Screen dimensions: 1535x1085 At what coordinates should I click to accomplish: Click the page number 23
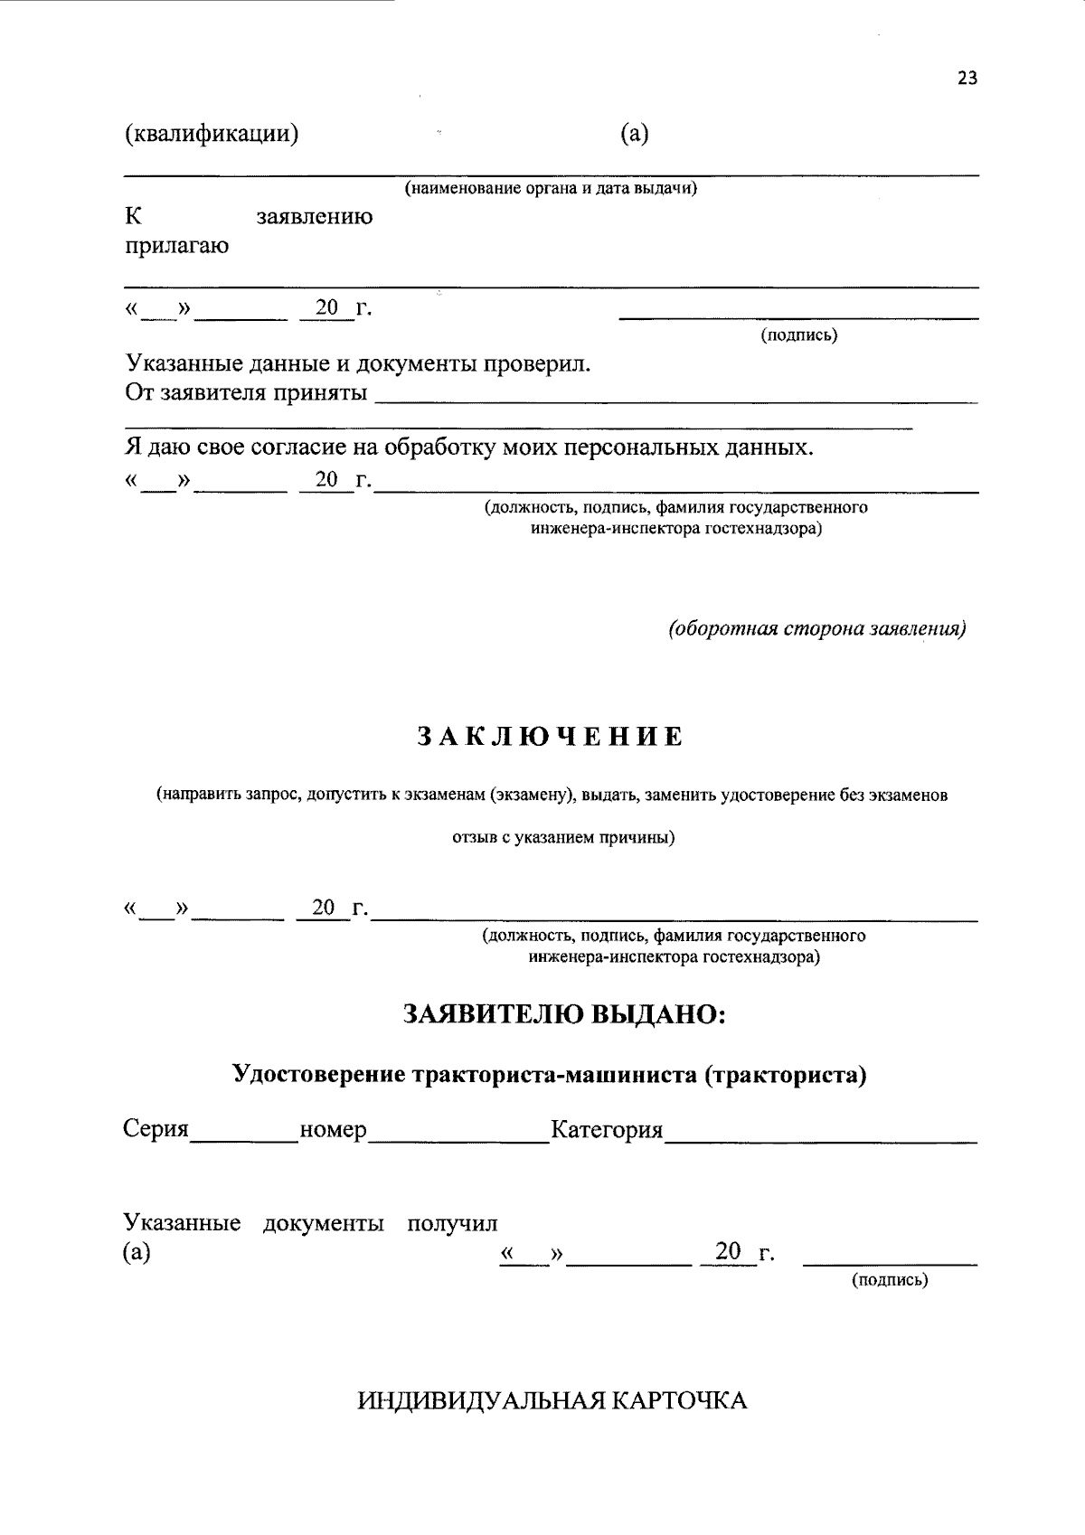[967, 79]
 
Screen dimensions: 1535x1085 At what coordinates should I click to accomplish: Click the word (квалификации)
[212, 134]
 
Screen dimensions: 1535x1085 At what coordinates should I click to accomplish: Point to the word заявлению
[314, 218]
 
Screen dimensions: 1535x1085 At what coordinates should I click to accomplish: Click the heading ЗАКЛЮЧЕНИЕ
[550, 737]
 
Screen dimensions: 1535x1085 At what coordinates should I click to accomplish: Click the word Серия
[156, 1129]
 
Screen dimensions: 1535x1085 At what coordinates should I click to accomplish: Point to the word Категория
[607, 1130]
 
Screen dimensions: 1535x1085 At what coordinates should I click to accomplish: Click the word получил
[452, 1224]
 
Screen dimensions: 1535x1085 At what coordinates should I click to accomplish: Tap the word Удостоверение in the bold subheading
[318, 1075]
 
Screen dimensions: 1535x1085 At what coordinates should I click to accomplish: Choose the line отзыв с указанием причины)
[563, 837]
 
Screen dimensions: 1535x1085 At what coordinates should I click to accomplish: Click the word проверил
[539, 364]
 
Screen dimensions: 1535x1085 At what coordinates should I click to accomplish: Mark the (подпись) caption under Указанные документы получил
[890, 1280]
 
